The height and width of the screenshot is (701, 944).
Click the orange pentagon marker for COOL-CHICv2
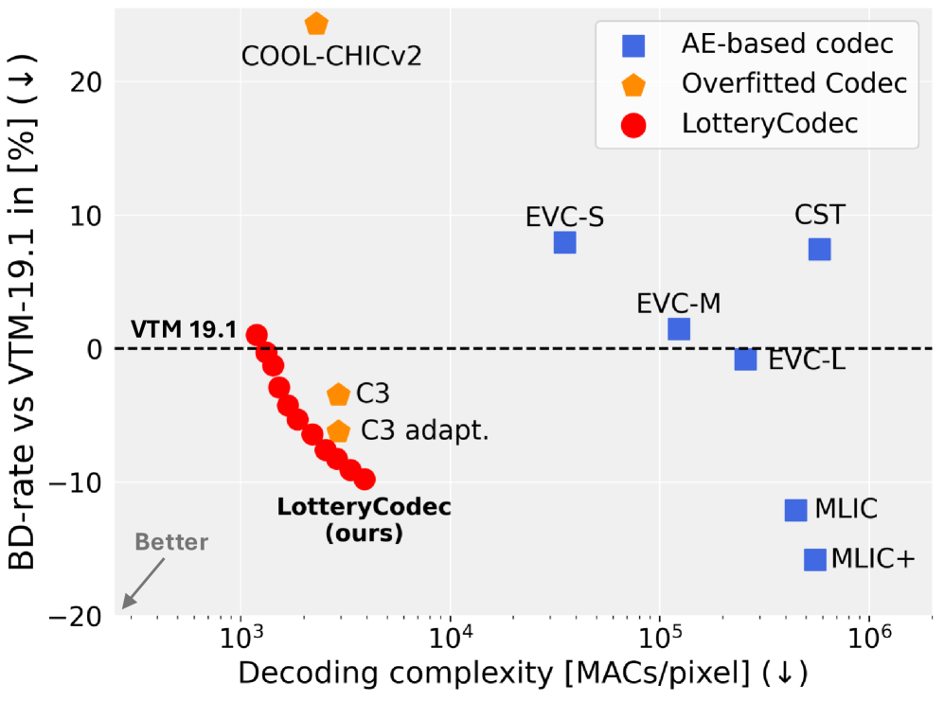click(x=316, y=24)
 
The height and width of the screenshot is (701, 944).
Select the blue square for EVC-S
click(x=564, y=242)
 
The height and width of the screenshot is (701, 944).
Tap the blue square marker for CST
click(x=820, y=249)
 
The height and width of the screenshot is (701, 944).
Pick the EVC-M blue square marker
click(x=679, y=329)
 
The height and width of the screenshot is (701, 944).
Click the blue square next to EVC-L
click(x=746, y=359)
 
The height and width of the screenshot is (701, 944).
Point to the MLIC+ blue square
click(x=815, y=559)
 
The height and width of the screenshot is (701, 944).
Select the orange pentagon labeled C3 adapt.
click(x=338, y=431)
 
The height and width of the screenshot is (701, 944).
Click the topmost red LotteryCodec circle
click(x=257, y=335)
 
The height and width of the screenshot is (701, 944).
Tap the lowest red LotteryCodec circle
click(x=365, y=480)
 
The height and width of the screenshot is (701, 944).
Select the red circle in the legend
click(x=632, y=124)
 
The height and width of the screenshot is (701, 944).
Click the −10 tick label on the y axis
click(x=76, y=482)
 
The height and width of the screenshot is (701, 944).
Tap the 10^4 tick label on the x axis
click(x=450, y=640)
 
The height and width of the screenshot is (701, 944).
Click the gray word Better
click(x=170, y=542)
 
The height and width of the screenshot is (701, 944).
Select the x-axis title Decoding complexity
click(x=523, y=674)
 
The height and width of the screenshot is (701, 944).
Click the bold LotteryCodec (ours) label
click(x=364, y=519)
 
